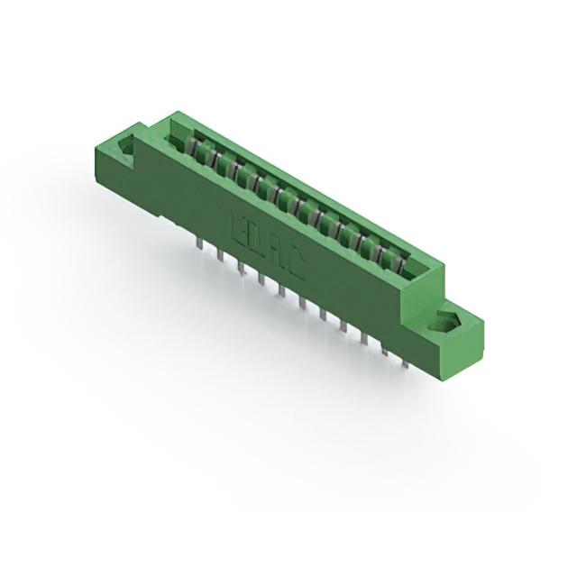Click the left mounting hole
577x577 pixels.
point(125,145)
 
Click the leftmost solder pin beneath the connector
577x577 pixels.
point(197,242)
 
